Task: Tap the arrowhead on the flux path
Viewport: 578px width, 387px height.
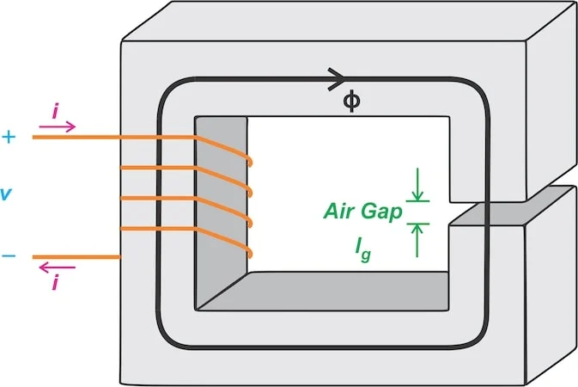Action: click(336, 79)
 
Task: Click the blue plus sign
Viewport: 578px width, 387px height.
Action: click(9, 138)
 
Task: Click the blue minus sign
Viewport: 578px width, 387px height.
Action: click(9, 256)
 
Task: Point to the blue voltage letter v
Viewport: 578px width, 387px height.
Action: click(6, 193)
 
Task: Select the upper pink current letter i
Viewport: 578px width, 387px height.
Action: click(55, 112)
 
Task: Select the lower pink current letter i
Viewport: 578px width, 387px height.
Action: click(55, 283)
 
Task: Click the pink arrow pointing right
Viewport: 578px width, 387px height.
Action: click(58, 126)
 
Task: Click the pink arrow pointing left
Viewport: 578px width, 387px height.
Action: click(58, 267)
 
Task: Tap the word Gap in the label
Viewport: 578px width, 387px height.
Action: click(381, 212)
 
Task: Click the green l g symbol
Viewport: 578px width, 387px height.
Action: click(363, 249)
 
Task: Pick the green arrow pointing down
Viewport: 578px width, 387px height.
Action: click(417, 185)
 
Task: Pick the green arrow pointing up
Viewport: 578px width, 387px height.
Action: click(417, 241)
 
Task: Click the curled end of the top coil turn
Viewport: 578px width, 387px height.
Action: click(250, 162)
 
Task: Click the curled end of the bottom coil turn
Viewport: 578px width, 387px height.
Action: click(250, 253)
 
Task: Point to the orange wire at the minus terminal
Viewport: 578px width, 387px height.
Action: click(76, 257)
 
